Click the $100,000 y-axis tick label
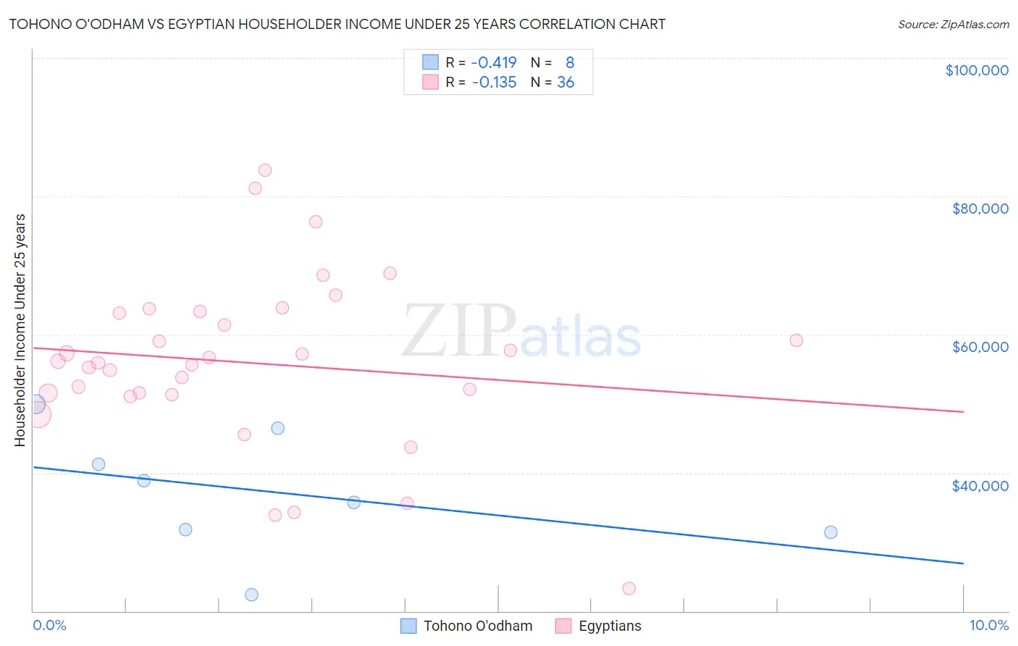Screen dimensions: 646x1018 [977, 70]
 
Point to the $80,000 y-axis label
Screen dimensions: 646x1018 [980, 209]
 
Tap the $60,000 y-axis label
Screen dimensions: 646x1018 [980, 347]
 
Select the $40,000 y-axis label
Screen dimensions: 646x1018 [980, 485]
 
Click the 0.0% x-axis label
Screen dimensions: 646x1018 [49, 625]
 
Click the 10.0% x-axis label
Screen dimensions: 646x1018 [988, 625]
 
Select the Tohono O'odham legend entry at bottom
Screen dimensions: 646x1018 [467, 626]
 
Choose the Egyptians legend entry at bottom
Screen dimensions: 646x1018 [598, 626]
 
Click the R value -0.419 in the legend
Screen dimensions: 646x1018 [494, 63]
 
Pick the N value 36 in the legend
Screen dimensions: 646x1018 [565, 83]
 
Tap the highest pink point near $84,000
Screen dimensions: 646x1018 [265, 170]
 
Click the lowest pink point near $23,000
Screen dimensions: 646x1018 [628, 588]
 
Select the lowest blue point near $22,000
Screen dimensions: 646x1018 [251, 595]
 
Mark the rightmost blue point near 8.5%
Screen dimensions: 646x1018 [830, 532]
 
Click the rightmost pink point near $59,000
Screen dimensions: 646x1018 [796, 340]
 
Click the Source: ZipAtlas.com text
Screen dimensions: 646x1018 [953, 25]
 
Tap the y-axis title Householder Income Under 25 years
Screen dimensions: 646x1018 [20, 330]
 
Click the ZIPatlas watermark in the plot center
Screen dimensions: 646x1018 [521, 332]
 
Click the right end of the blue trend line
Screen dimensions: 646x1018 [963, 563]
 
